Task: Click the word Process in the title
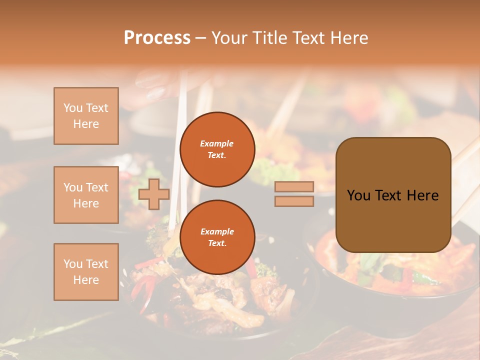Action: (157, 37)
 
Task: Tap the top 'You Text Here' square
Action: (86, 116)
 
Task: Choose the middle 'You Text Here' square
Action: (86, 195)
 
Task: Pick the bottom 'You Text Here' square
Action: (86, 272)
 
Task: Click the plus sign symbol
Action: (154, 194)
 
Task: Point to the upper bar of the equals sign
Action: (294, 187)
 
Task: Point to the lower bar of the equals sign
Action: (294, 201)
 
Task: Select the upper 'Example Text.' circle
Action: (217, 149)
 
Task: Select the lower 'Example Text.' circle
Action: (217, 237)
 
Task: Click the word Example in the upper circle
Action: (217, 143)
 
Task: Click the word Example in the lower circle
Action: (217, 231)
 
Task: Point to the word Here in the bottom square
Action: (86, 280)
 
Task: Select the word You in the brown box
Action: (358, 195)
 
